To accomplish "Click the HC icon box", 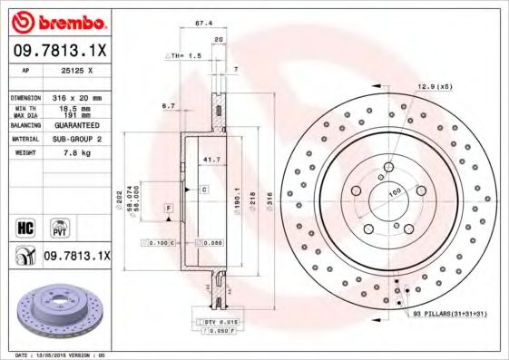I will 25,224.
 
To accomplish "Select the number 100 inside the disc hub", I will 396,192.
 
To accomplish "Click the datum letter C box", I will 204,189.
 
